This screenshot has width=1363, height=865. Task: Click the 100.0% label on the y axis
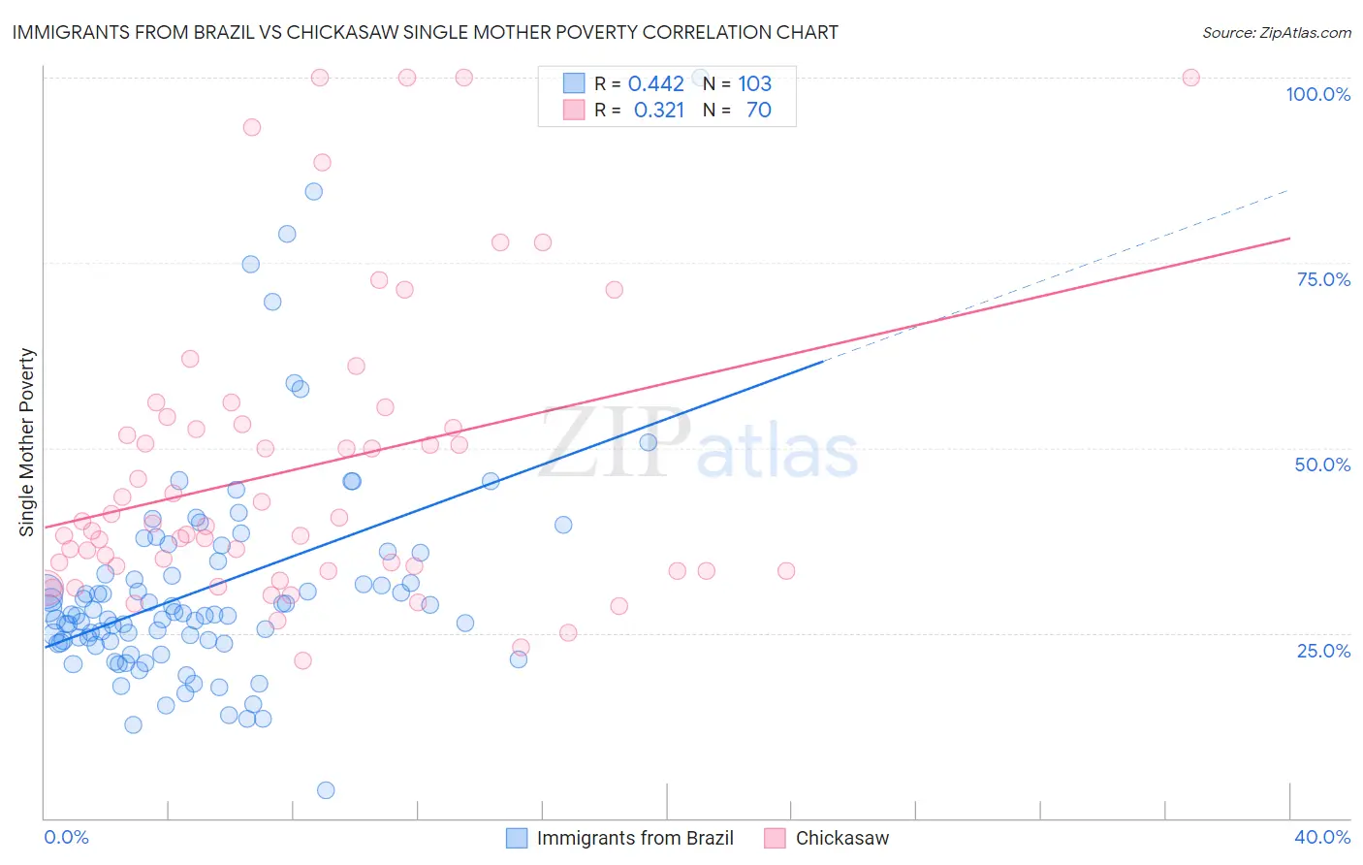pos(1317,94)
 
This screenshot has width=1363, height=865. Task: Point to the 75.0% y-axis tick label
pos(1323,279)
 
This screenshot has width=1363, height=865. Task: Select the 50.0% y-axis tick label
pos(1322,465)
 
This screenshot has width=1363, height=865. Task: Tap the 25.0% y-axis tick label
pos(1323,650)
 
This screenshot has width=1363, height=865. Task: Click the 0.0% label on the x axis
pos(66,837)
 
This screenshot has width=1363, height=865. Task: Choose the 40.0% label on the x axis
pos(1322,837)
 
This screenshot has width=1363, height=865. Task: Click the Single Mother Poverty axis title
pos(27,442)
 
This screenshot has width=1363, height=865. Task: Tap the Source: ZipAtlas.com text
pos(1276,32)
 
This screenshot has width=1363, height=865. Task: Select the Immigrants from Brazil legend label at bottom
pos(635,838)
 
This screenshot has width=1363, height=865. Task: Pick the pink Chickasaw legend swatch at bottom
pos(775,838)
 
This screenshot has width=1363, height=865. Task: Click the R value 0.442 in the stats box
pos(656,83)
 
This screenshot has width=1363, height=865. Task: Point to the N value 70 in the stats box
pos(758,110)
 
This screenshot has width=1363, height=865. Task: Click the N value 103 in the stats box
pos(754,83)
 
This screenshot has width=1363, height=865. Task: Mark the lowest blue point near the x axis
pos(326,790)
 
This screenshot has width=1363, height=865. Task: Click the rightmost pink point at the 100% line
pos(1191,78)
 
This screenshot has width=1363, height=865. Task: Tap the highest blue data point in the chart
pos(314,191)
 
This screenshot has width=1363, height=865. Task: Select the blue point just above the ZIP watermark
pos(649,442)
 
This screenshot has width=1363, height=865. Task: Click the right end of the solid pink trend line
pos(1289,238)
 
